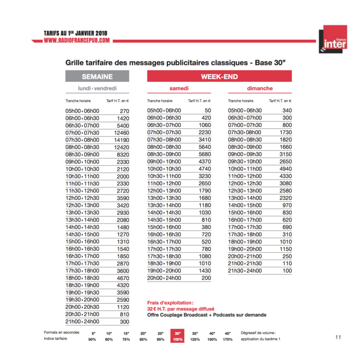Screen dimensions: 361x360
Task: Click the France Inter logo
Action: click(x=332, y=40)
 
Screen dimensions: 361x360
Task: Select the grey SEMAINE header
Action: click(x=97, y=76)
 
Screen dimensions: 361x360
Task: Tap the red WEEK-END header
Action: click(x=219, y=76)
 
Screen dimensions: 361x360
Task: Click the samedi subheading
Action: click(x=179, y=89)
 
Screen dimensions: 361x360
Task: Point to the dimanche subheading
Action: click(x=260, y=89)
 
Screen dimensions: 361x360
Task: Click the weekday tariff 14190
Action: click(x=122, y=140)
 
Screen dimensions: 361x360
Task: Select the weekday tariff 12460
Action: click(x=122, y=132)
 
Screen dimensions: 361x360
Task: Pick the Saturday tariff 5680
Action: click(x=204, y=154)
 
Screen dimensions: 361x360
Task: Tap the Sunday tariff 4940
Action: click(x=285, y=168)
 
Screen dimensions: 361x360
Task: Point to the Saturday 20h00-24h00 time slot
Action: click(x=164, y=278)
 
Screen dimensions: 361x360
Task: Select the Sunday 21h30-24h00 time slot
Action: click(x=245, y=271)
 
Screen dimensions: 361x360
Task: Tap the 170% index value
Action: click(x=228, y=340)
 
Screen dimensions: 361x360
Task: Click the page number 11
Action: click(x=338, y=337)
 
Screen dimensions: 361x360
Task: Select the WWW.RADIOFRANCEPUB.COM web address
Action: click(x=77, y=41)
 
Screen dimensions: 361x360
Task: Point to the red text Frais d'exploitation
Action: click(x=170, y=303)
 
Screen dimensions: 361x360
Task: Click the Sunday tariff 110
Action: click(x=287, y=264)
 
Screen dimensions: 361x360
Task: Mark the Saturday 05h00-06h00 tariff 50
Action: click(x=208, y=111)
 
